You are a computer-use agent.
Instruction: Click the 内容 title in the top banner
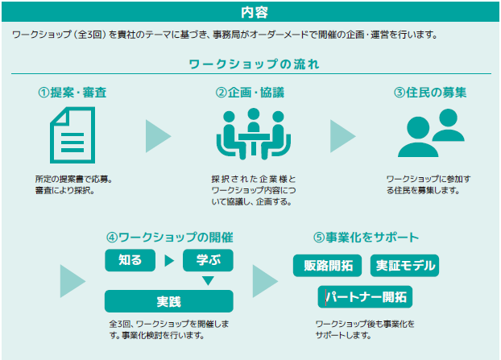(x=255, y=12)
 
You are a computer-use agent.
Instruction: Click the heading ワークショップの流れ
(x=254, y=64)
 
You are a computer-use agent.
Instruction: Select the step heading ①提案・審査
(x=72, y=93)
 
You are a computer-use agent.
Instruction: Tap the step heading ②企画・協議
(x=250, y=93)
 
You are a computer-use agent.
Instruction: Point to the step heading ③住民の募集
(x=430, y=93)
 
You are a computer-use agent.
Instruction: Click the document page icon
(x=72, y=135)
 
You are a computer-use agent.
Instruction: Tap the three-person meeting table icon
(x=254, y=134)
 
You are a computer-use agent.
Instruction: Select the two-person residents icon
(x=431, y=133)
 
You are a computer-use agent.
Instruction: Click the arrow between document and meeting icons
(x=158, y=136)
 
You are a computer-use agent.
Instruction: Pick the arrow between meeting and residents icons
(x=343, y=136)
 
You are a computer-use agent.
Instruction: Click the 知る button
(x=130, y=260)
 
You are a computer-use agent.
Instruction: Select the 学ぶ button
(x=208, y=260)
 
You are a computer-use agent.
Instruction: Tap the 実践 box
(x=169, y=301)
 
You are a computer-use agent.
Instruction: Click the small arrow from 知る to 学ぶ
(x=169, y=261)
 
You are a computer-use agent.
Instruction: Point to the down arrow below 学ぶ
(x=208, y=280)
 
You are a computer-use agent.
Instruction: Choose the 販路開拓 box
(x=328, y=266)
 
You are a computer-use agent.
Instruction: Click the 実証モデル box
(x=405, y=266)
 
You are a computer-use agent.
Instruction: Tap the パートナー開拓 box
(x=365, y=296)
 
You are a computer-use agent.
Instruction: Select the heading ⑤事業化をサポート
(x=366, y=238)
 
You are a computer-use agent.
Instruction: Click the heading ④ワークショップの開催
(x=170, y=238)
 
